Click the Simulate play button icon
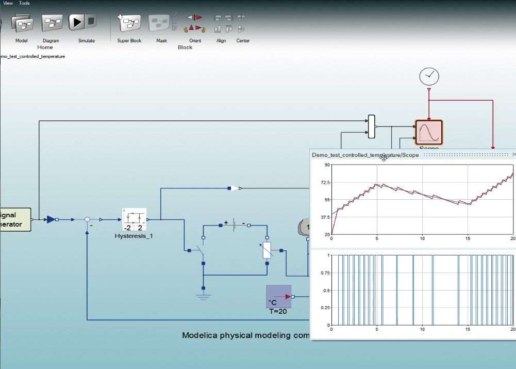pos(77,22)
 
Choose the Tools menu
pos(24,3)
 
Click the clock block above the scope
pos(429,76)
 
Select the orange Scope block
pos(429,133)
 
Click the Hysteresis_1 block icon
pos(135,220)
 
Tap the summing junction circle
pos(88,219)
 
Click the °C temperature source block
pos(279,297)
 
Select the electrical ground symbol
pos(204,295)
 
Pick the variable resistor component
pos(267,250)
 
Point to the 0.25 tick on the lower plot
pos(323,308)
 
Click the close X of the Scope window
pos(513,154)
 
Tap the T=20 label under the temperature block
pos(278,311)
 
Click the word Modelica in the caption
pos(200,335)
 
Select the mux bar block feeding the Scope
pos(372,126)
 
